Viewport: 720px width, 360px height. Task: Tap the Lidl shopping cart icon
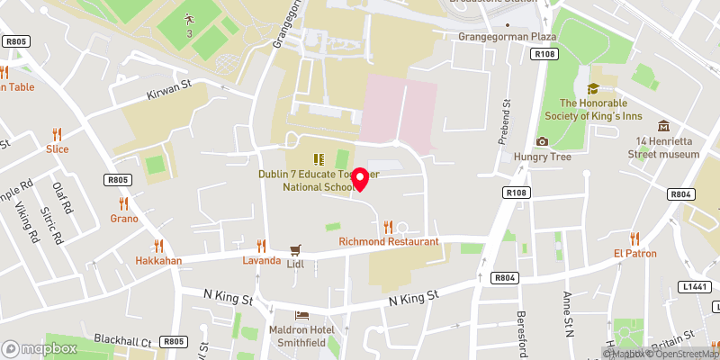point(294,251)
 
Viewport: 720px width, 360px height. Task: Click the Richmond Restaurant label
point(389,242)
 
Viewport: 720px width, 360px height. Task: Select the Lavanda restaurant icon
point(261,246)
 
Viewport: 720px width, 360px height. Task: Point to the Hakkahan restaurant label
point(158,261)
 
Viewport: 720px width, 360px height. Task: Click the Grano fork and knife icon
point(124,203)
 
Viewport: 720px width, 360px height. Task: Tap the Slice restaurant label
point(58,148)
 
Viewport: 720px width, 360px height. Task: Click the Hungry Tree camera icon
point(542,141)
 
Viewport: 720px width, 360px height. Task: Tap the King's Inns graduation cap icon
point(592,88)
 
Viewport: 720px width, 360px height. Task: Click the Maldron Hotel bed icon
point(301,315)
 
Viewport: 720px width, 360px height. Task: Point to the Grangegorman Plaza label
point(507,37)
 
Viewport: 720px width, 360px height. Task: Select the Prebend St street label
point(506,122)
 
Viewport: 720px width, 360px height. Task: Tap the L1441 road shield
point(694,286)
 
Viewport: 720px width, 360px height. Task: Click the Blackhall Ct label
point(121,342)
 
